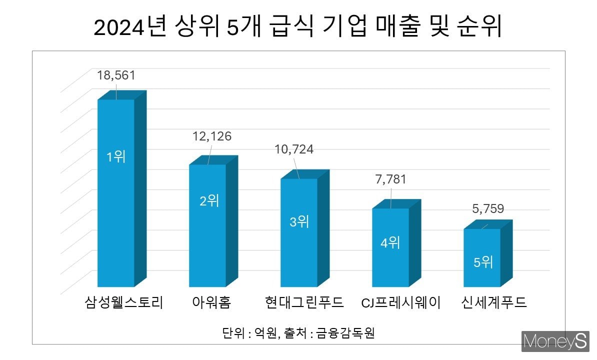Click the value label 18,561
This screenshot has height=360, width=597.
click(x=116, y=75)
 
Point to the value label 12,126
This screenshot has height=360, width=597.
click(x=212, y=136)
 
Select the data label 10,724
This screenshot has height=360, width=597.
click(x=294, y=149)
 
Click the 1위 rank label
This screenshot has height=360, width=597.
click(x=115, y=157)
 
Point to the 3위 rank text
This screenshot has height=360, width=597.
click(x=299, y=221)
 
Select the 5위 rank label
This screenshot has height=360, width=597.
click(x=482, y=261)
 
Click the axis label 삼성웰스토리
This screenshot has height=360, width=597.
click(x=123, y=302)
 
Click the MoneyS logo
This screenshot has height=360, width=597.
click(x=555, y=341)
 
